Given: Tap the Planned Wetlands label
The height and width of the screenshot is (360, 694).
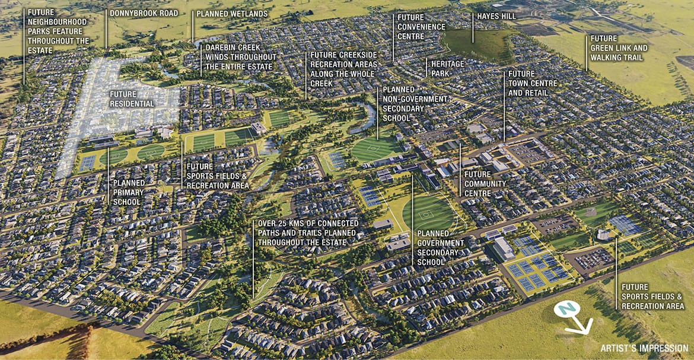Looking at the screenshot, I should pos(232,14).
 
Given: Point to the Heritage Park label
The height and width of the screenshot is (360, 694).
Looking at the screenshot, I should pos(448,68).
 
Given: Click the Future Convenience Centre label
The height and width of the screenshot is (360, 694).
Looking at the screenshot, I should pos(421,27).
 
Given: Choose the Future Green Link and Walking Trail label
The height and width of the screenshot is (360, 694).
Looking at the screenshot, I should pos(619,48).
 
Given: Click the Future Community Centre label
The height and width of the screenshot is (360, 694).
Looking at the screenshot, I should pos(485,184).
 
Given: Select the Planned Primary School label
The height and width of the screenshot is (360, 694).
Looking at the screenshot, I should pos(128,193).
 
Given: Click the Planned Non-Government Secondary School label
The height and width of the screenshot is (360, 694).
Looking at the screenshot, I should pos(404,104).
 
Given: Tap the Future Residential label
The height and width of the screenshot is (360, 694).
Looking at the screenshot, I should pos(132,99).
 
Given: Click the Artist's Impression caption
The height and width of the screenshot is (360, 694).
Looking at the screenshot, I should pos(644,349).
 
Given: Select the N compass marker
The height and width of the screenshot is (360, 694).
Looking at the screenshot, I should pos(566,308).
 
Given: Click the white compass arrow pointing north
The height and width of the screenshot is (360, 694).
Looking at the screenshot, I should pos(581,326).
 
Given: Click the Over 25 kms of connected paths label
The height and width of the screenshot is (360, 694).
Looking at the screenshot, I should pos(307,228).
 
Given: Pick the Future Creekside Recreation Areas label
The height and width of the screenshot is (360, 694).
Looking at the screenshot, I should pos(342,69).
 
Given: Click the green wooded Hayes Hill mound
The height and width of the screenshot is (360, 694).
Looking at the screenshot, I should pos(477,44).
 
